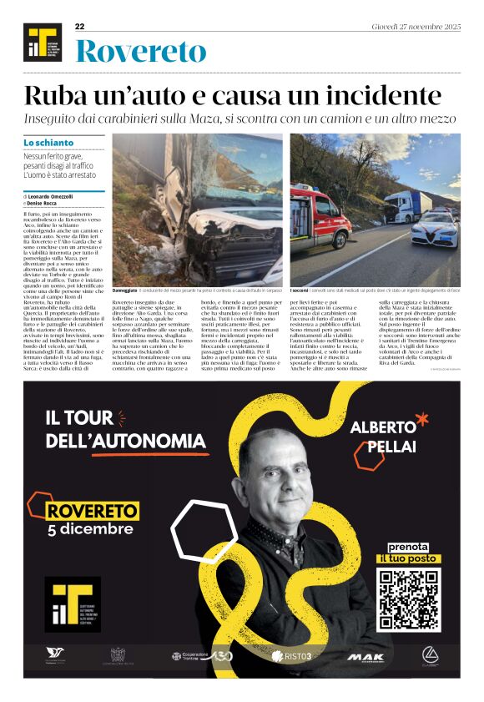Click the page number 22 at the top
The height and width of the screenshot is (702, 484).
coord(80,27)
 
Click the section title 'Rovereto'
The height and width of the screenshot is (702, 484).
coord(140,52)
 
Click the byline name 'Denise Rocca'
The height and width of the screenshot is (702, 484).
coord(55,203)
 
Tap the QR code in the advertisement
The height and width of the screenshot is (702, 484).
coord(407,599)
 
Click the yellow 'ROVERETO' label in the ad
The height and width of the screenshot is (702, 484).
coord(87,511)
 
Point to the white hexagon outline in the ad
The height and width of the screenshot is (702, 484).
coord(204,532)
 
